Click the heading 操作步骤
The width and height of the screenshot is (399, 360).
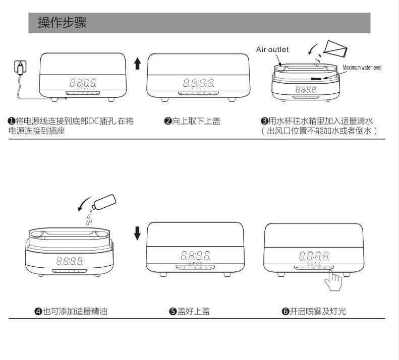tap(63, 23)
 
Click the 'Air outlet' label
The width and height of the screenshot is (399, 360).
tap(272, 49)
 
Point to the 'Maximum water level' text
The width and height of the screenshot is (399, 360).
tap(362, 68)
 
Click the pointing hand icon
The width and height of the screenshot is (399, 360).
tap(333, 280)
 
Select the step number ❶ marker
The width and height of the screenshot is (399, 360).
tap(11, 121)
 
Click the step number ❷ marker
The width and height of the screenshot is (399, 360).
tap(168, 121)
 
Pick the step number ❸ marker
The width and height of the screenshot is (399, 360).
tap(263, 121)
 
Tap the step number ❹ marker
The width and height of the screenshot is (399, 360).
tap(38, 312)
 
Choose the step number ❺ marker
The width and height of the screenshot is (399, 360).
tap(172, 312)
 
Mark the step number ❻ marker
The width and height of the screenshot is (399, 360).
tap(285, 312)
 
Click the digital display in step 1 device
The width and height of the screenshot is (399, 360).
tap(83, 83)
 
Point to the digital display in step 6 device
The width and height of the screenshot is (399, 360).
tap(314, 256)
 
